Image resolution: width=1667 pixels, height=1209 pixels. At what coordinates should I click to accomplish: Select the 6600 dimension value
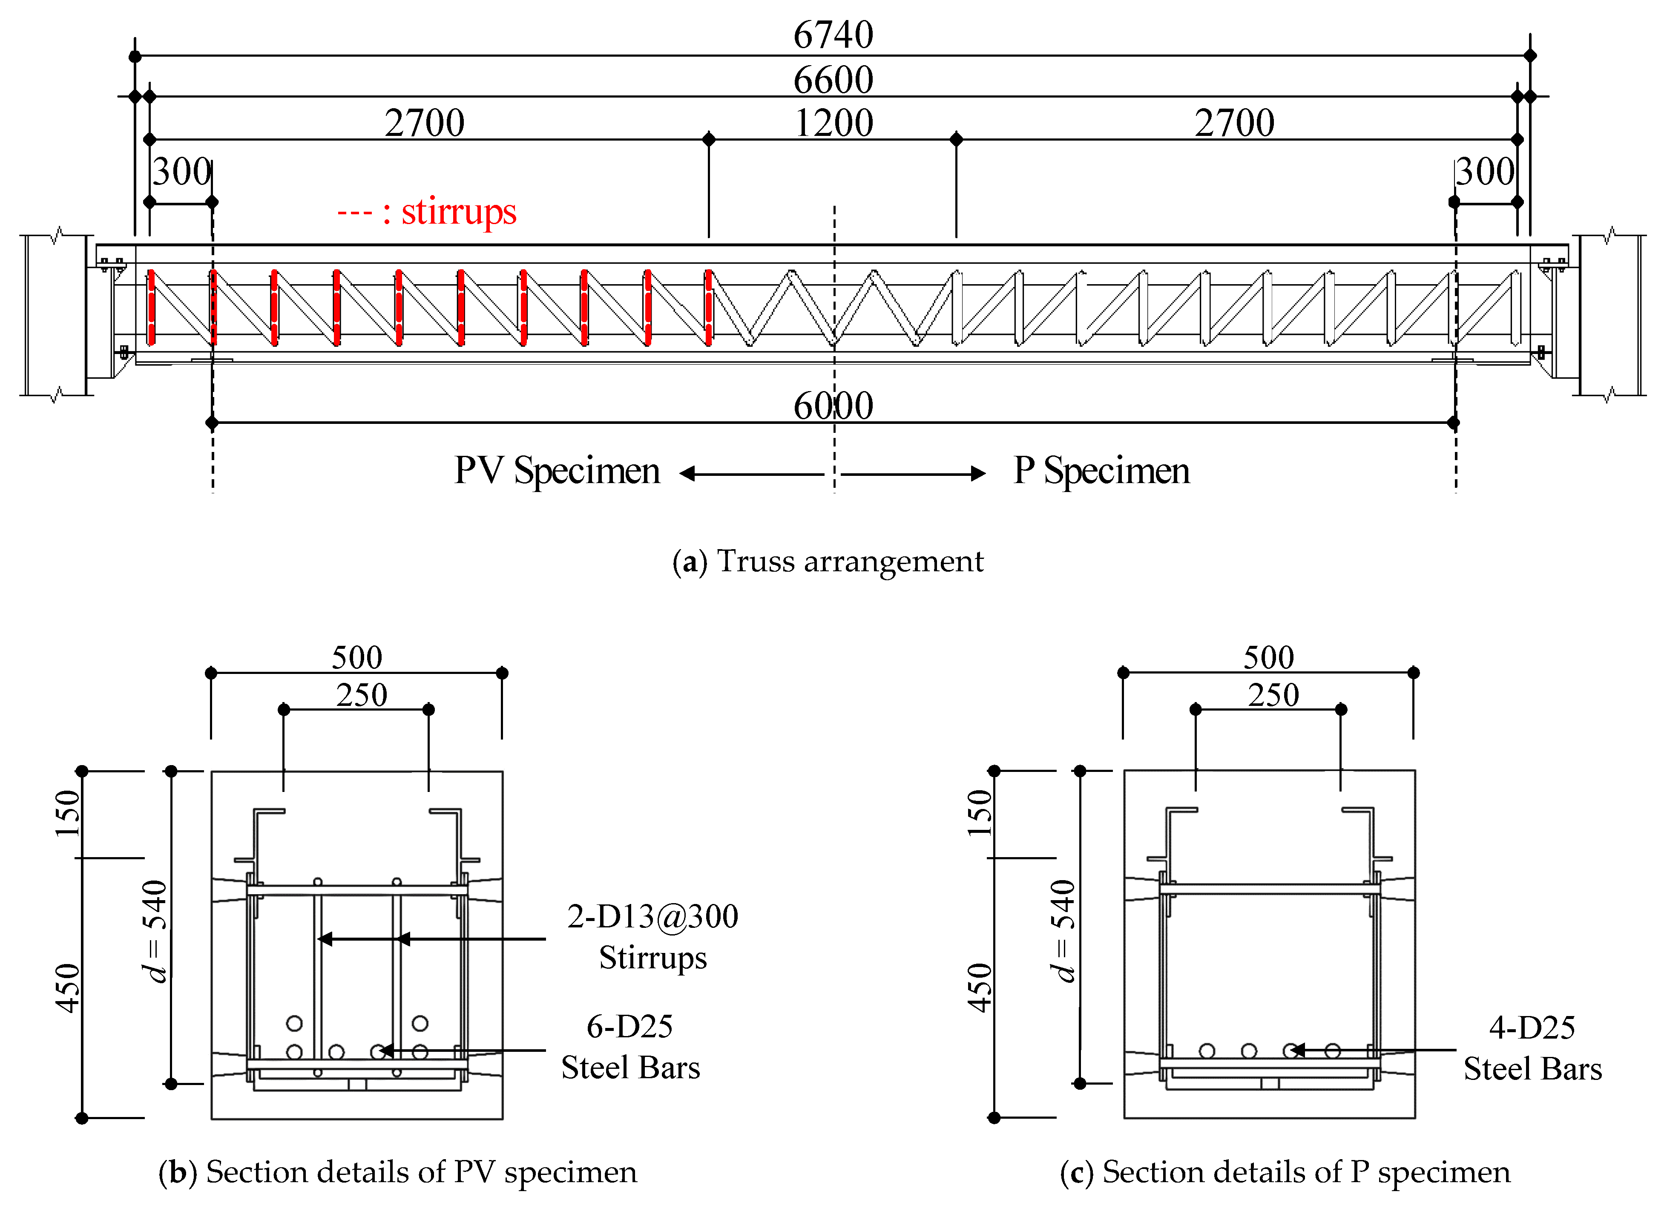833,79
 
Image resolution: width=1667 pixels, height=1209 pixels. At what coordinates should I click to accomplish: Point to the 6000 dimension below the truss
833,405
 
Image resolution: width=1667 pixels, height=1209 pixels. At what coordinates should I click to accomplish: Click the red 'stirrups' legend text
458,212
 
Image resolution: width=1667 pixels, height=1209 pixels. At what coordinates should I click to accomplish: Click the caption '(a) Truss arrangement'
828,561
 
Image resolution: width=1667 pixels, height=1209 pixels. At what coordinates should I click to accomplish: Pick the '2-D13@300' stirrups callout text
652,916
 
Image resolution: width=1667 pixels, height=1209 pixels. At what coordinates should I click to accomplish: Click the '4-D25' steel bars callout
1532,1028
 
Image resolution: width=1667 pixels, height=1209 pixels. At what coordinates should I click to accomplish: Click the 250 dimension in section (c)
1273,694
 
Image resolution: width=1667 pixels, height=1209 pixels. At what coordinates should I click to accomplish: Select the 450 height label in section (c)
979,988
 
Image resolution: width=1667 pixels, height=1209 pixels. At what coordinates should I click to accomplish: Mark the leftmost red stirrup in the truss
151,307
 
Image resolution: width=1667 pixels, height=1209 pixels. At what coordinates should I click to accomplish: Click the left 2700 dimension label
424,123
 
